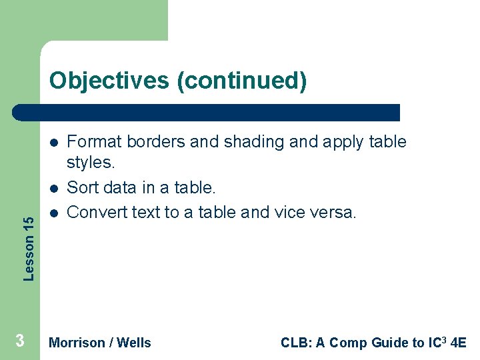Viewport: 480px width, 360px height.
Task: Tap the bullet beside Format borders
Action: coord(53,142)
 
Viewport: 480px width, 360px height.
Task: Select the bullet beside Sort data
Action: coord(53,187)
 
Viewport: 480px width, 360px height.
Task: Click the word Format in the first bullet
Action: coord(93,142)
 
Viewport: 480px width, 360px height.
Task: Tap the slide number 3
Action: coord(20,341)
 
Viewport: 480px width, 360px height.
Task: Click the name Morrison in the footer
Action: coord(77,343)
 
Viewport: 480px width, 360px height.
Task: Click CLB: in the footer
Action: coord(295,343)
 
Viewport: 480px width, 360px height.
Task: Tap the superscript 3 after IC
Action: coord(444,339)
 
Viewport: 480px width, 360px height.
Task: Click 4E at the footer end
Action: coord(458,343)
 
